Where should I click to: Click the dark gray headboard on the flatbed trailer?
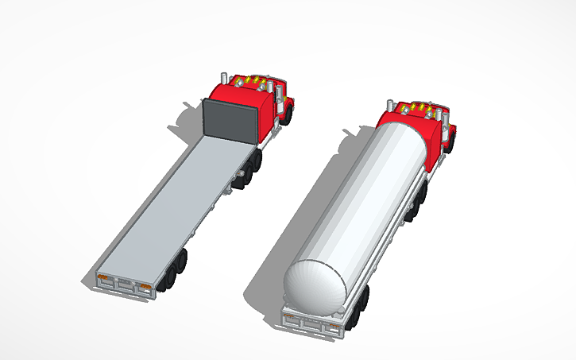pos(231,120)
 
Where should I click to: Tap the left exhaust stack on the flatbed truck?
pos(225,79)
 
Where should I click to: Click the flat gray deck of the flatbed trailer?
pos(175,207)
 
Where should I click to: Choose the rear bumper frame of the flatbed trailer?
pos(123,285)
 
